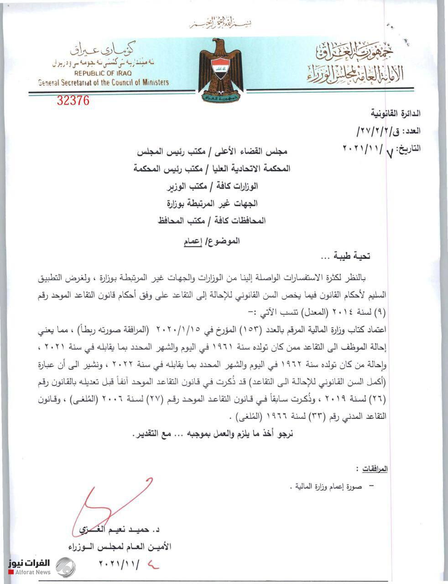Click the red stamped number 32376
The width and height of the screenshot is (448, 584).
click(73, 100)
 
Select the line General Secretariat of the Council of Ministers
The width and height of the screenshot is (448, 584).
click(104, 83)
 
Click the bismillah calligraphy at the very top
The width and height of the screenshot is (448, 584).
click(221, 24)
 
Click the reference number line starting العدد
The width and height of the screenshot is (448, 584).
click(388, 131)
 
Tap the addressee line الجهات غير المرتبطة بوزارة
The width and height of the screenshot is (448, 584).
click(213, 203)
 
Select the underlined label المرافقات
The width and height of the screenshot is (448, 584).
click(374, 469)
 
